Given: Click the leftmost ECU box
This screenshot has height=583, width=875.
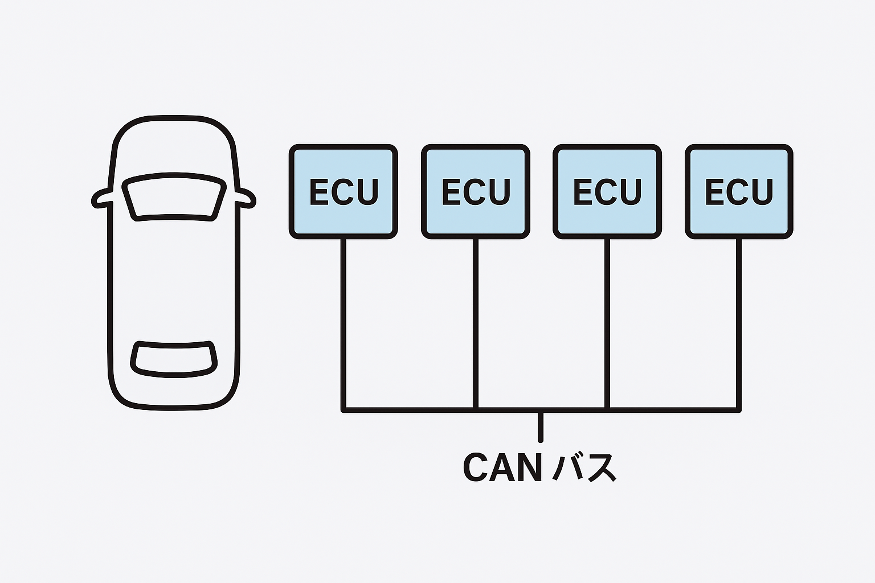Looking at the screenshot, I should pyautogui.click(x=343, y=191).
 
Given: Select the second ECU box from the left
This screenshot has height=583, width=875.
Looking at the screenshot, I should pyautogui.click(x=476, y=191).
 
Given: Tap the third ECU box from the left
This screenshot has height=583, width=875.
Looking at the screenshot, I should pyautogui.click(x=607, y=191).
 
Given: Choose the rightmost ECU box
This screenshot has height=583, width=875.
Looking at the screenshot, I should pyautogui.click(x=739, y=191).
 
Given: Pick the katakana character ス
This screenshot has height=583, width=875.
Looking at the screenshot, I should pyautogui.click(x=600, y=469).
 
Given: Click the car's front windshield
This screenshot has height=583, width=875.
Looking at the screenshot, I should pyautogui.click(x=174, y=197).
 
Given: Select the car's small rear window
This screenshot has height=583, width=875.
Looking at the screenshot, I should pyautogui.click(x=174, y=359).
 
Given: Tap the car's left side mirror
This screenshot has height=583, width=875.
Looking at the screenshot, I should pyautogui.click(x=103, y=198).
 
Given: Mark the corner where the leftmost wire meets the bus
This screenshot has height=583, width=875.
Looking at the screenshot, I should pyautogui.click(x=344, y=409).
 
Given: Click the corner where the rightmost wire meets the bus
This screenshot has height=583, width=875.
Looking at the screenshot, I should pyautogui.click(x=739, y=409).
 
